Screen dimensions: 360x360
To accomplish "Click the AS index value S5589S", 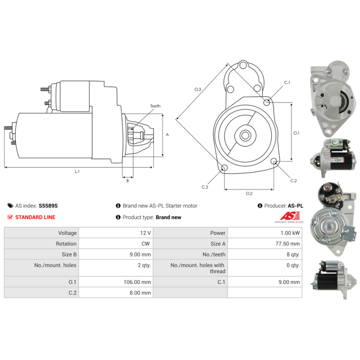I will coord(48,206).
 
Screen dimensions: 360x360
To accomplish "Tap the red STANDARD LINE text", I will coord(35,217).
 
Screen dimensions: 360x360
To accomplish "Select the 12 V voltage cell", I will coord(145,233).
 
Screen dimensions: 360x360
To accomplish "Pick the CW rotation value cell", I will coord(146,244).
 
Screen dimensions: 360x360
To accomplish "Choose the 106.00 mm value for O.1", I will coord(139,282).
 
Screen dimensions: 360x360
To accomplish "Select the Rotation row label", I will coord(66,244).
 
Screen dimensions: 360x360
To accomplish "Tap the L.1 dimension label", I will coord(77,171).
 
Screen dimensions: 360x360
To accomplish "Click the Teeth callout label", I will coord(155,106).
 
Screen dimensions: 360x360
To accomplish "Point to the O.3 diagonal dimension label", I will coord(198,90).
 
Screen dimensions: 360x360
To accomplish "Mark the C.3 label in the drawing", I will coord(205,187).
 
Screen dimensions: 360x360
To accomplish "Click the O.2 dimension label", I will coord(249,193).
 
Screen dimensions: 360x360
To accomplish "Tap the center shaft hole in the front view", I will coord(245,135).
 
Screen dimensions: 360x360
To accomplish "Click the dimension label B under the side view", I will coord(127,181).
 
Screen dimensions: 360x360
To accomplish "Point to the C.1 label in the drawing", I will coord(287,83).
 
